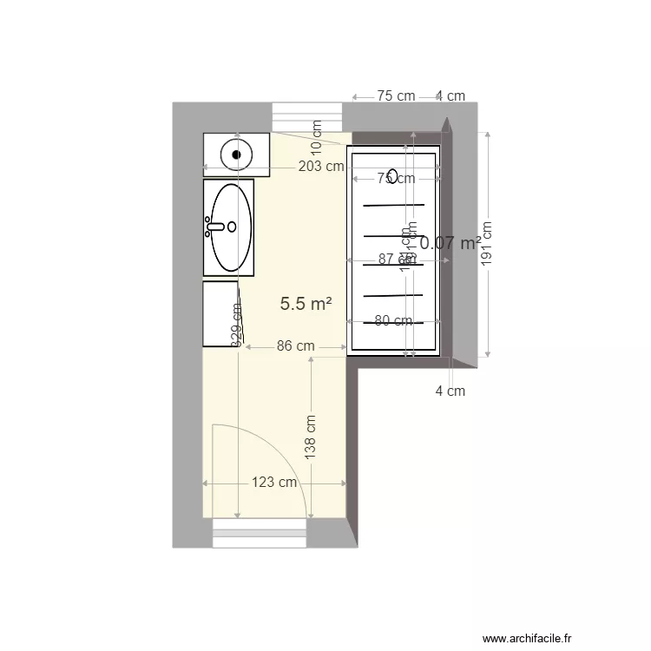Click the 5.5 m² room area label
306,304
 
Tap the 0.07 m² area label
450,244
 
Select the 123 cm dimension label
276,483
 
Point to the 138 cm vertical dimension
311,436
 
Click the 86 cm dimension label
295,346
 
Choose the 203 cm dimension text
320,167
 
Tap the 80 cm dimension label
393,321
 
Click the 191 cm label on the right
487,245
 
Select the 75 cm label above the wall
396,96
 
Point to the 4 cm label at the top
450,96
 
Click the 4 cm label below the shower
450,391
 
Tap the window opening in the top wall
307,116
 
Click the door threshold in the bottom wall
260,533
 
